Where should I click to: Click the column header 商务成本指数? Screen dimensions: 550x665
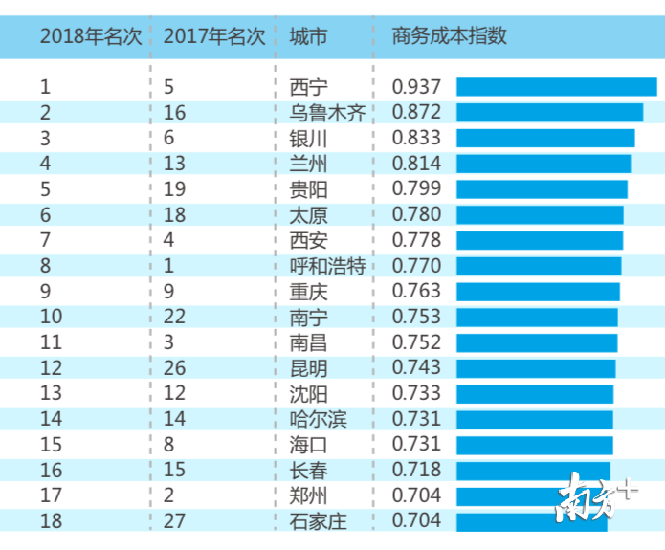pos(449,36)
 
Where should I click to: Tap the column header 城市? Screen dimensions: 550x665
pos(307,36)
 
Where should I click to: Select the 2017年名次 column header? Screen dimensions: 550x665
pos(214,36)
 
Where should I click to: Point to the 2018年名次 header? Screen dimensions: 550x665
pos(91,36)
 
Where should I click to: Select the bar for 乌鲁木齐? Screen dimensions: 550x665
pos(549,113)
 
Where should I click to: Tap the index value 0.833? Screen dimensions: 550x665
pos(417,138)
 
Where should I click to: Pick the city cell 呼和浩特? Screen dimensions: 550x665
pos(327,266)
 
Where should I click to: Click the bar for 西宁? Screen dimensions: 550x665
pos(556,87)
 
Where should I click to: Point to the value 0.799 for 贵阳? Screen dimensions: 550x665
pos(417,189)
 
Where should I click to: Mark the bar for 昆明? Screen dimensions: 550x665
pos(536,368)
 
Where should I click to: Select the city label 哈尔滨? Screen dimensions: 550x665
pos(318,419)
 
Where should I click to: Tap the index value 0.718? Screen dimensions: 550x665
pos(417,470)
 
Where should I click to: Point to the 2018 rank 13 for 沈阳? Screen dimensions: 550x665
pos(51,393)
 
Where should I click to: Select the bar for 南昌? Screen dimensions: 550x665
pos(537,342)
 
